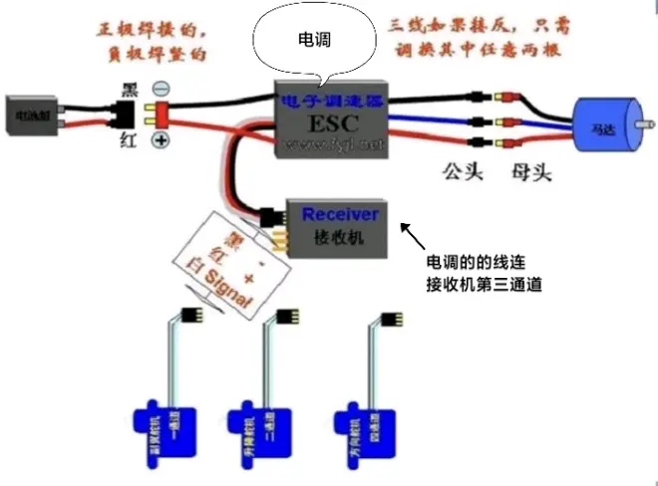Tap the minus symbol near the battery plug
click(x=161, y=89)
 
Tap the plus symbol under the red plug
click(x=160, y=140)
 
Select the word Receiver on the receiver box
click(x=340, y=214)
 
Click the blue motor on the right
click(x=606, y=127)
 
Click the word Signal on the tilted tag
click(x=230, y=288)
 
